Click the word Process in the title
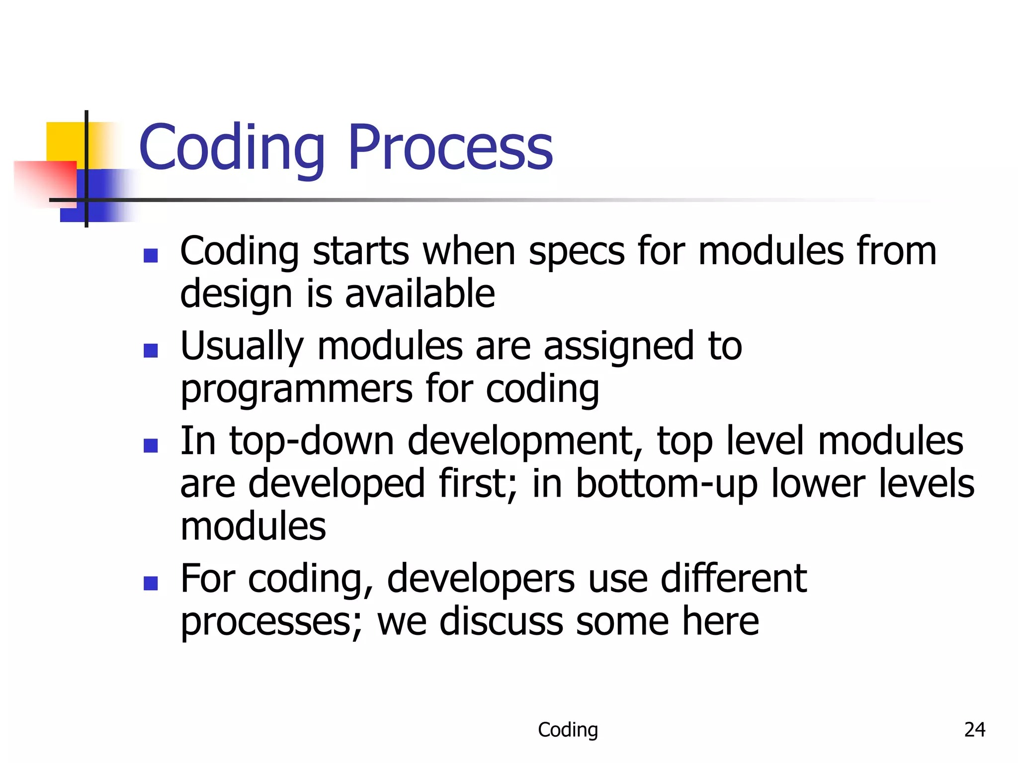[x=450, y=148]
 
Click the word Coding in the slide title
[x=232, y=148]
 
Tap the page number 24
[x=974, y=729]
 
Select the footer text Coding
[x=568, y=730]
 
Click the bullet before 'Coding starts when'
[x=151, y=255]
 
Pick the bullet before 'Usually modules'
[x=151, y=351]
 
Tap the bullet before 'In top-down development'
[x=151, y=446]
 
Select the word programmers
[x=296, y=389]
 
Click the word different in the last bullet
[x=733, y=579]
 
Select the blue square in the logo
[x=104, y=196]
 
